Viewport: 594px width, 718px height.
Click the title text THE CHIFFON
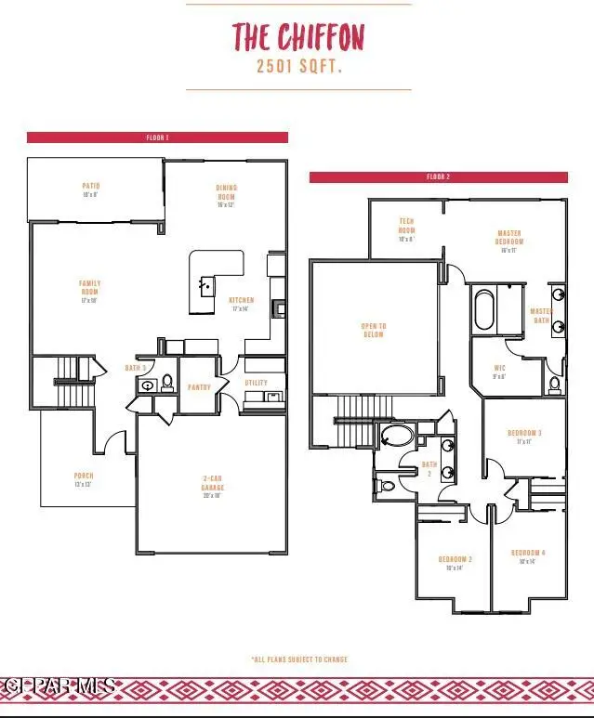point(297,38)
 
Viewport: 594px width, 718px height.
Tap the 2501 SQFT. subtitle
point(297,67)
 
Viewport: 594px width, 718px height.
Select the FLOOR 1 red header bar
point(157,137)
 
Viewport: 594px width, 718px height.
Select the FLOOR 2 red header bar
point(438,176)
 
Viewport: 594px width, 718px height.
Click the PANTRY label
point(199,387)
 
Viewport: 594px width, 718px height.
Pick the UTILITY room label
point(257,382)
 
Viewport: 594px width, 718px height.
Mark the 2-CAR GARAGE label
point(213,484)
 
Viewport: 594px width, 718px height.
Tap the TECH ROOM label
point(406,227)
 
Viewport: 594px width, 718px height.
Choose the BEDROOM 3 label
point(524,434)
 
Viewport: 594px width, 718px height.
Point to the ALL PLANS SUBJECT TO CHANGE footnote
point(299,659)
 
